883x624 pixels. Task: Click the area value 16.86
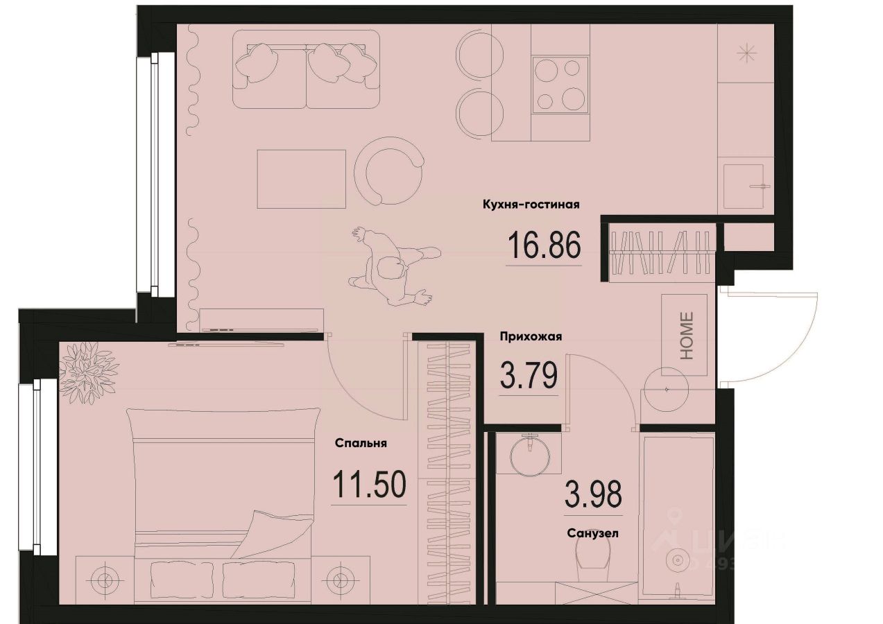pyautogui.click(x=543, y=245)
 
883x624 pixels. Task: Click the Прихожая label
pyautogui.click(x=531, y=337)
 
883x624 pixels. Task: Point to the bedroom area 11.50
pyautogui.click(x=368, y=485)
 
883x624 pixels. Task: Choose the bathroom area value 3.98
pyautogui.click(x=593, y=495)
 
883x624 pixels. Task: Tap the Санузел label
pyautogui.click(x=592, y=534)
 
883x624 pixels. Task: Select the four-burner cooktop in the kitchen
pyautogui.click(x=560, y=84)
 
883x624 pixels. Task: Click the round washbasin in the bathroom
pyautogui.click(x=530, y=454)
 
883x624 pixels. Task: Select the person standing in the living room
pyautogui.click(x=392, y=267)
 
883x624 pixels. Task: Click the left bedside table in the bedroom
pyautogui.click(x=104, y=578)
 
